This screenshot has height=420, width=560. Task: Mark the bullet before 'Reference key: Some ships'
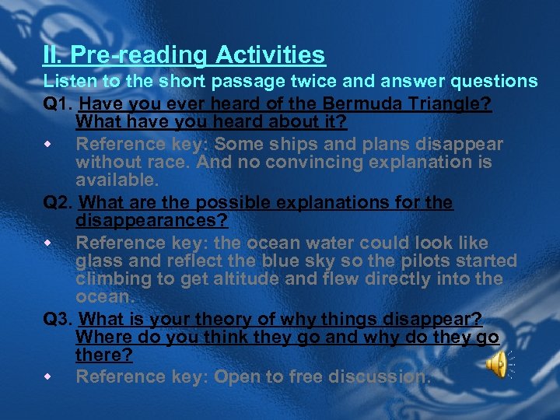click(49, 145)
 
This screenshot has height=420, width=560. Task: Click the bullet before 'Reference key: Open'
click(49, 377)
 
